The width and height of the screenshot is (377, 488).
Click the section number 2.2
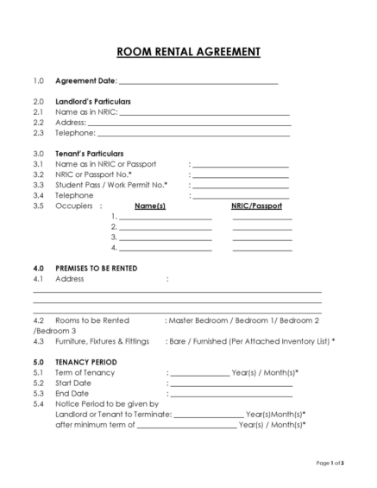coord(38,123)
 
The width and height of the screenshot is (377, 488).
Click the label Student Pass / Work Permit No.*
coord(111,185)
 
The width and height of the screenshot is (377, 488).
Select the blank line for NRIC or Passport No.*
coord(240,175)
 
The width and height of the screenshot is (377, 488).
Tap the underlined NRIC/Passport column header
coord(255,206)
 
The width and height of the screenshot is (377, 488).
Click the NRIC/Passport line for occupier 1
coord(262,219)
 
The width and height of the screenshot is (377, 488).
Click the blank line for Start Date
coord(231,383)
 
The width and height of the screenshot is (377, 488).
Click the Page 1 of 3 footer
coord(330,464)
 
